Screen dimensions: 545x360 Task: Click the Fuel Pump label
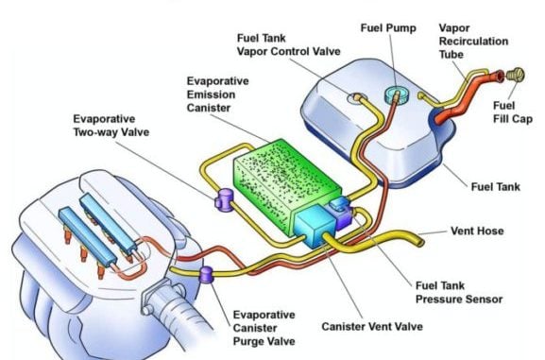(388, 27)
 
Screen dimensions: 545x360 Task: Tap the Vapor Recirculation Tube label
(473, 41)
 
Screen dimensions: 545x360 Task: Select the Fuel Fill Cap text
(513, 112)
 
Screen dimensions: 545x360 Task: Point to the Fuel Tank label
(496, 187)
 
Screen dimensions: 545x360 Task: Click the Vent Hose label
(477, 231)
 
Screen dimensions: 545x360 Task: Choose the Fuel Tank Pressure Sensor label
(459, 293)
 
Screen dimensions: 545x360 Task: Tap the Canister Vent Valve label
(372, 327)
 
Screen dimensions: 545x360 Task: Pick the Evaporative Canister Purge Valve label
(264, 328)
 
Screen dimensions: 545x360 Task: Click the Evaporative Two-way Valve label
(111, 126)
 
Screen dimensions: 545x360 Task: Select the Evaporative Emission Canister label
(218, 94)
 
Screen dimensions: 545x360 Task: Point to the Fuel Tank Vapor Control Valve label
(288, 44)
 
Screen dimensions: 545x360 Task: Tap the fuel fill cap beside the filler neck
(515, 76)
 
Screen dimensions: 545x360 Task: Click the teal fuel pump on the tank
(397, 94)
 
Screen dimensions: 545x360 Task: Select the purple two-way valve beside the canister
(224, 200)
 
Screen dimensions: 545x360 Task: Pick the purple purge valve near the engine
(207, 274)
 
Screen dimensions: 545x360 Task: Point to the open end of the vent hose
(421, 242)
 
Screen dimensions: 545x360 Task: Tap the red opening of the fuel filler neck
(499, 77)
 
